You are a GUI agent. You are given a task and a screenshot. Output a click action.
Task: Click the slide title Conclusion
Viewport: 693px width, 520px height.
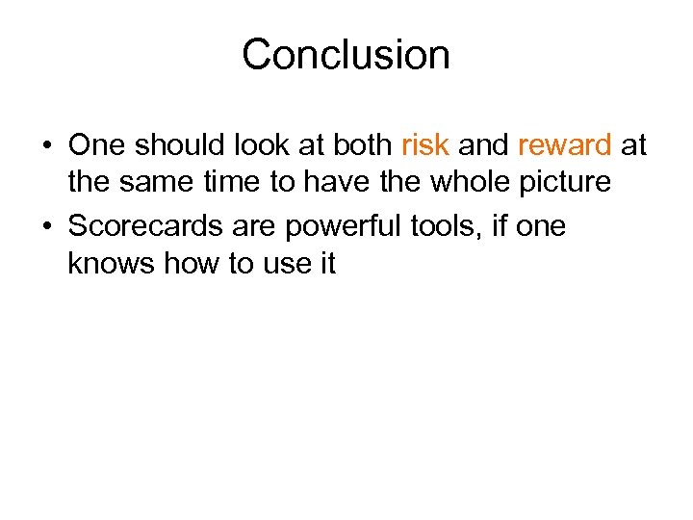point(346,55)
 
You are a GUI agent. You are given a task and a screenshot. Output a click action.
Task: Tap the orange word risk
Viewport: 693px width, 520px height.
point(424,145)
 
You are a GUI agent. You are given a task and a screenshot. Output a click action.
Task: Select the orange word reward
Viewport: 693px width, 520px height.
point(565,145)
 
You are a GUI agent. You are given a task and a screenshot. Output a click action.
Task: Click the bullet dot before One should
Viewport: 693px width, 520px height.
point(46,146)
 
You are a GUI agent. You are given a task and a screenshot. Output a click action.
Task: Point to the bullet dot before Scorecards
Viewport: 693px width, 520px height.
point(46,227)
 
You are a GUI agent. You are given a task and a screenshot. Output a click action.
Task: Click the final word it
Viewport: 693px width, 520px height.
point(327,263)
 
